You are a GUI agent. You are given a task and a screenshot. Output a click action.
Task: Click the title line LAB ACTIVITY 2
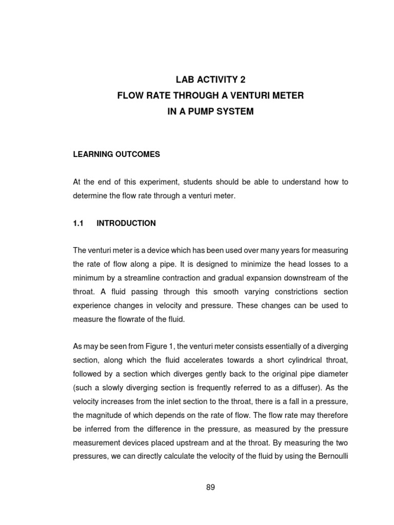pyautogui.click(x=210, y=79)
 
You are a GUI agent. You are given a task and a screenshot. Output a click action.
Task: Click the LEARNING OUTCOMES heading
pyautogui.click(x=116, y=154)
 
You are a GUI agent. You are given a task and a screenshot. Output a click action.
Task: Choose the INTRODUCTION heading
pyautogui.click(x=126, y=223)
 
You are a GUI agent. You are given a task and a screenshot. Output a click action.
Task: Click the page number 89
pyautogui.click(x=210, y=487)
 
